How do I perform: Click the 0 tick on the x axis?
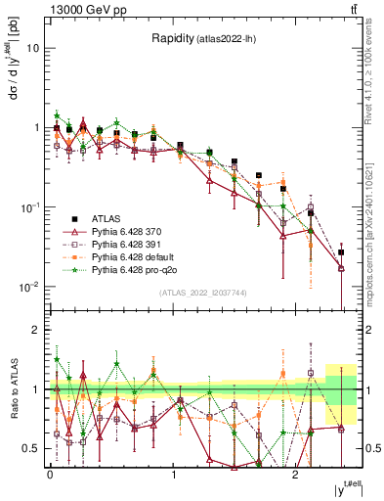(50, 474)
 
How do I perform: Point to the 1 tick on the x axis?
(173, 474)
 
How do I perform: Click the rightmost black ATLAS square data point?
(341, 252)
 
